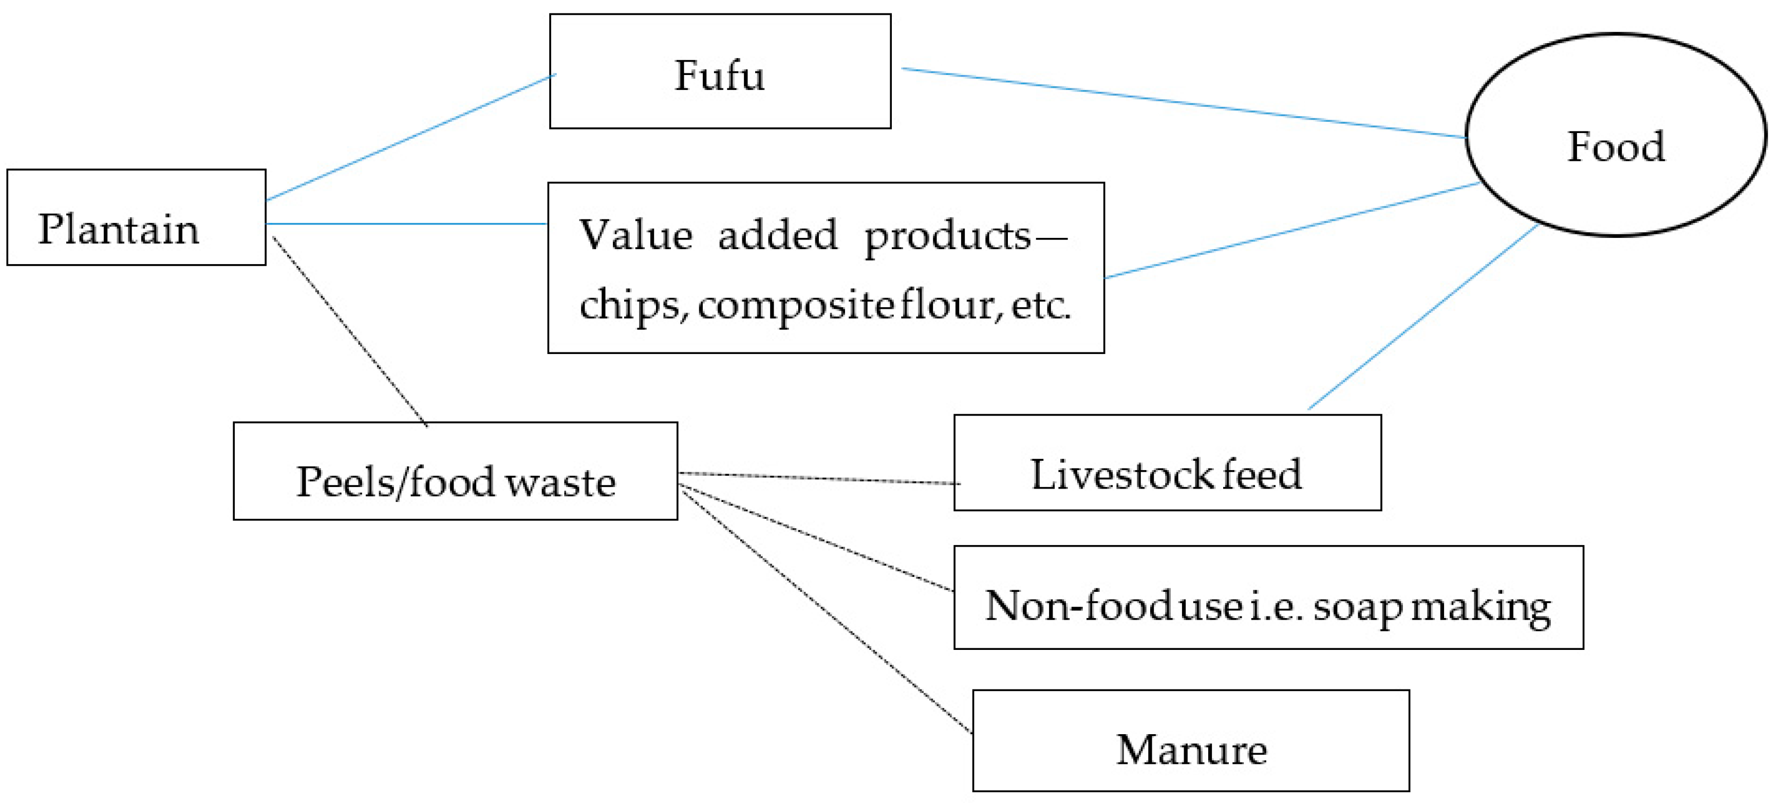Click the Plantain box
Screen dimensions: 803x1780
tap(136, 217)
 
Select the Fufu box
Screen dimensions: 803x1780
tap(720, 71)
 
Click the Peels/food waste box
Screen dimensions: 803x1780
tap(455, 471)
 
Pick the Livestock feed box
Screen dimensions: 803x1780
tap(1167, 463)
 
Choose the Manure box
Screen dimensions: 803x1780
tap(1191, 740)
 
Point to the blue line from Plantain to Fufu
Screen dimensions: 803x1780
tap(410, 138)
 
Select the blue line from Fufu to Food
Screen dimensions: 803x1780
tap(1183, 102)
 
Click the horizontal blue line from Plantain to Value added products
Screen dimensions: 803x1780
tap(406, 224)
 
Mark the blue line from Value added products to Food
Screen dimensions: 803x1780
tap(1291, 231)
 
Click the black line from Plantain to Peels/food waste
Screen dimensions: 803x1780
tap(350, 331)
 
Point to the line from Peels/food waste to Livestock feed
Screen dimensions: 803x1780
tap(819, 478)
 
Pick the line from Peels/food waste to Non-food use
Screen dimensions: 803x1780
tap(815, 537)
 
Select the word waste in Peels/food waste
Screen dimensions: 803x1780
tap(560, 482)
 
